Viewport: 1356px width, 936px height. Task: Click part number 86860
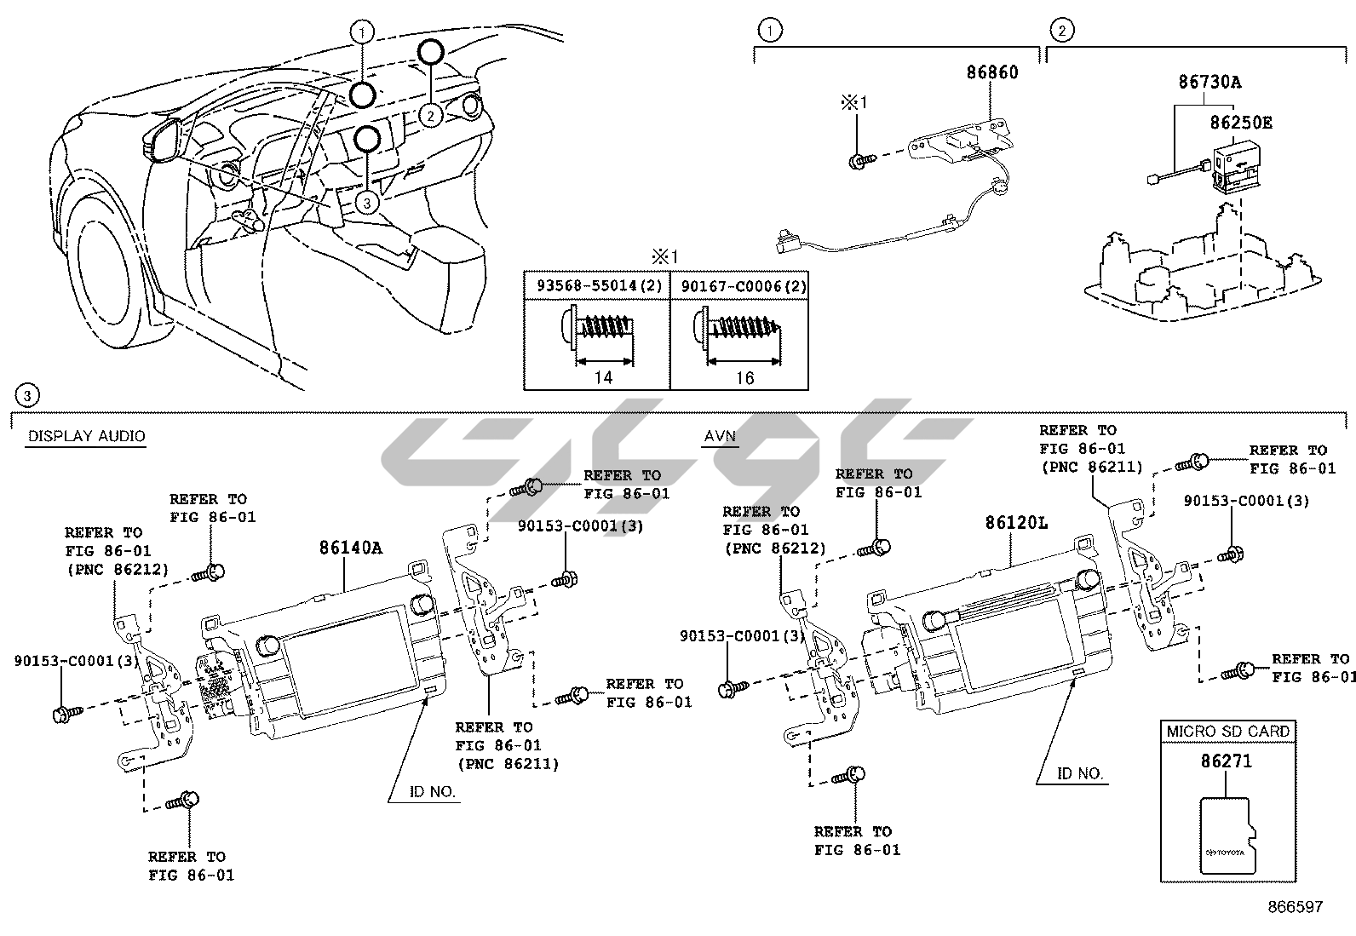(991, 72)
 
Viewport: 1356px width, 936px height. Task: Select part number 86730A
(1209, 83)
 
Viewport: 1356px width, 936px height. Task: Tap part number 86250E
(1241, 123)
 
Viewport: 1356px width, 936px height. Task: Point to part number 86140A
(351, 548)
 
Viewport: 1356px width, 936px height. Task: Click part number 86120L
(1017, 522)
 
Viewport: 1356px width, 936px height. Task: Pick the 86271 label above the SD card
(1227, 761)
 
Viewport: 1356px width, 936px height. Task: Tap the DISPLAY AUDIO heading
(86, 436)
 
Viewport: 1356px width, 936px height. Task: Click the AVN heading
(720, 436)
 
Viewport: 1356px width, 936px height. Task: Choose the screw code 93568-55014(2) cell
(596, 285)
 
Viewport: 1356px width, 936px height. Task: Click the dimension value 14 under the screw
(602, 377)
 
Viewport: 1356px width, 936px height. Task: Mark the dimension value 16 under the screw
(744, 377)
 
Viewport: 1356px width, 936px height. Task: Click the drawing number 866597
(1295, 907)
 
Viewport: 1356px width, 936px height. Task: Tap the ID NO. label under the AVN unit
(1080, 773)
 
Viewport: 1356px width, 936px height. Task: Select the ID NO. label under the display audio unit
(432, 791)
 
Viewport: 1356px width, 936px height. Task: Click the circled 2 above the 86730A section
(1061, 31)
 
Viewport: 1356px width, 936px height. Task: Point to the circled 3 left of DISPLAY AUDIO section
(28, 395)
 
